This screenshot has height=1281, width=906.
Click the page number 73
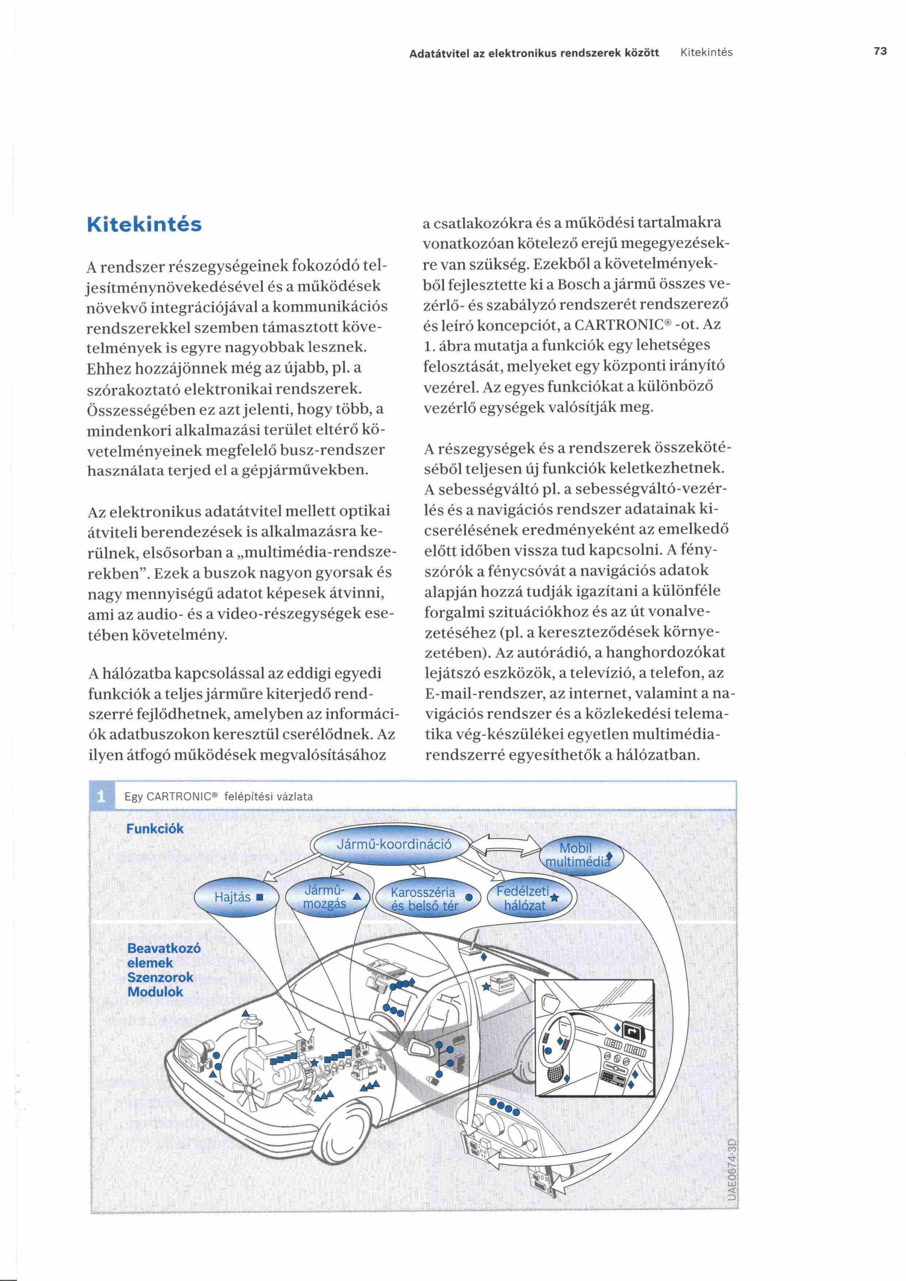coord(880,52)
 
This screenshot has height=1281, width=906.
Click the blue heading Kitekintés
coord(144,224)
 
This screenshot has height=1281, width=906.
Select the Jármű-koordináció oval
coord(393,844)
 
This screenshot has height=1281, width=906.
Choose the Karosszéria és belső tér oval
coord(427,899)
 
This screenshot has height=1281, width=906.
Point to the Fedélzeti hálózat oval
coord(524,898)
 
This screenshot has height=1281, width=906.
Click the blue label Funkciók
coord(155,828)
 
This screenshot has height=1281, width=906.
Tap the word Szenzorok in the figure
coord(160,977)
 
